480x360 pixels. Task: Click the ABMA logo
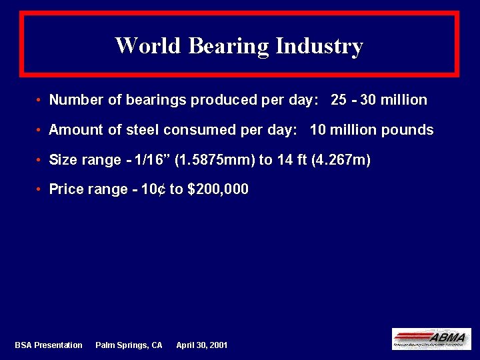point(431,339)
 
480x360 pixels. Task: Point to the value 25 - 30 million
point(379,100)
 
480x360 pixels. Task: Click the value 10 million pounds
point(371,130)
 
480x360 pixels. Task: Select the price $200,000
point(218,189)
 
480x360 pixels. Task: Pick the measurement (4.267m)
point(341,160)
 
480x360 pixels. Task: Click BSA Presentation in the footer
point(49,345)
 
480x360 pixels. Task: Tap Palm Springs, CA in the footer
point(129,345)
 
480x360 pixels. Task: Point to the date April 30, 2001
point(201,345)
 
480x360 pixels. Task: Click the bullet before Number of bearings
point(41,101)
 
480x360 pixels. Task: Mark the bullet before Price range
point(41,190)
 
